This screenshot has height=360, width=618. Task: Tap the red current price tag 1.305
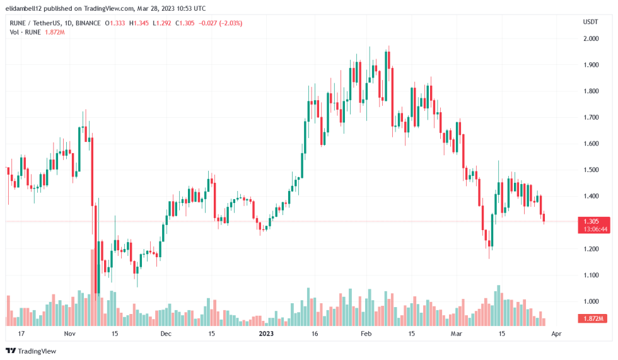click(x=591, y=221)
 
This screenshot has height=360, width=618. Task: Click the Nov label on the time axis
click(x=69, y=333)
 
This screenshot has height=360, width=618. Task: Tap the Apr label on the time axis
click(x=555, y=333)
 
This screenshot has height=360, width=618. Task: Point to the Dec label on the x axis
click(x=165, y=333)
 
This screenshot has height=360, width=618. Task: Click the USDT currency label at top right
click(x=590, y=21)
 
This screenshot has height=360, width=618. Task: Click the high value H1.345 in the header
click(x=139, y=23)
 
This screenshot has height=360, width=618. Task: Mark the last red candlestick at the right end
click(x=544, y=218)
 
